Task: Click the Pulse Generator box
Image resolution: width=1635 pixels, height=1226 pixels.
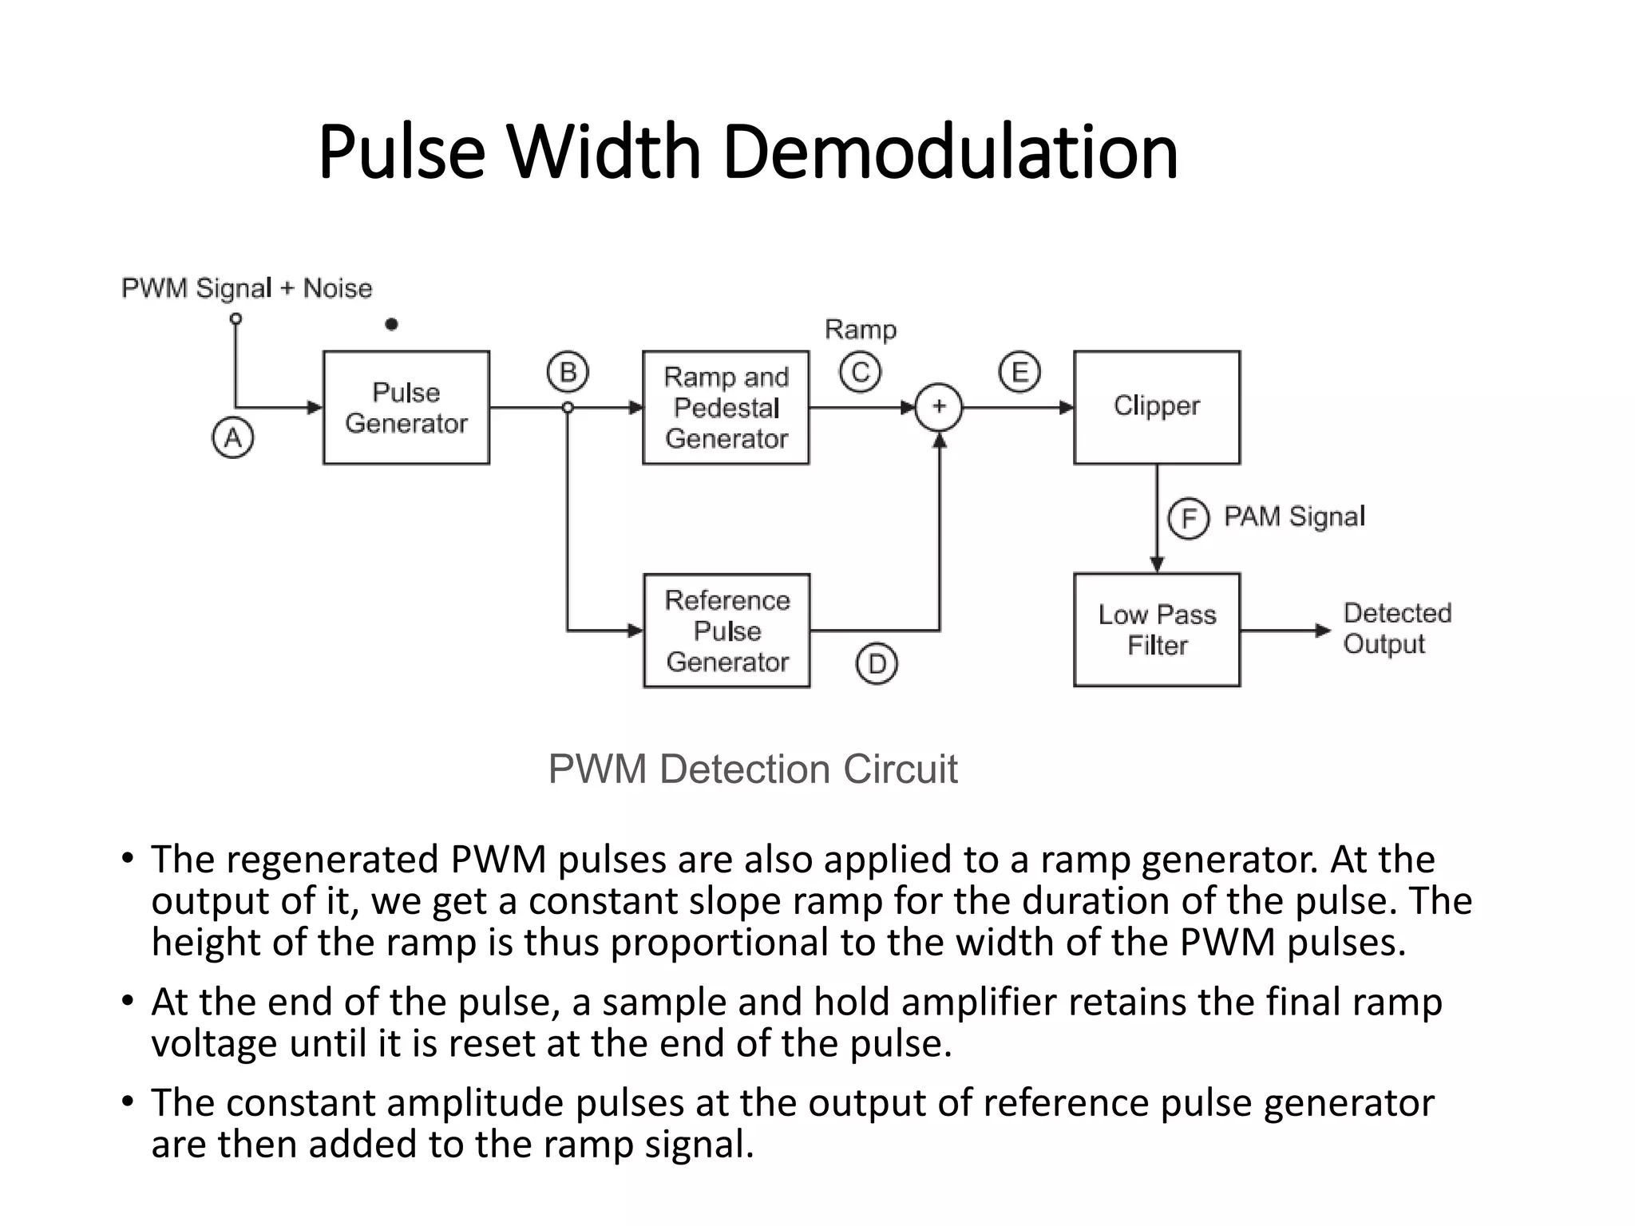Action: [x=406, y=407]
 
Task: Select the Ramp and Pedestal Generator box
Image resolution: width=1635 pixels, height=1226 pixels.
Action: [x=726, y=407]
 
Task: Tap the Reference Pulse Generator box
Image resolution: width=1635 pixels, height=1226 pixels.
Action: [x=726, y=631]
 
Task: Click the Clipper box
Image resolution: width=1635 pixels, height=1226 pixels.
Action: [x=1157, y=407]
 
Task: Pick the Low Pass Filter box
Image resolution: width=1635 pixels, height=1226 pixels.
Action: [x=1157, y=630]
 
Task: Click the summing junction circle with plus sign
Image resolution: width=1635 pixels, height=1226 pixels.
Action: [x=939, y=407]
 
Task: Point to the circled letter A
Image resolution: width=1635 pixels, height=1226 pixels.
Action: [x=232, y=438]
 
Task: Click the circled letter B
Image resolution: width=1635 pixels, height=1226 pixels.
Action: [x=568, y=373]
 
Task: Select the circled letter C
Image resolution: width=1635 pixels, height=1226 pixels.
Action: [x=860, y=373]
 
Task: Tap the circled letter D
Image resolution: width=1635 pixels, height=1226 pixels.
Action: [x=877, y=664]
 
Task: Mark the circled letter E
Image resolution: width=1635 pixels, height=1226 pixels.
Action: [x=1019, y=373]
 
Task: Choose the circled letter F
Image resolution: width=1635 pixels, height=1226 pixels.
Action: [x=1188, y=519]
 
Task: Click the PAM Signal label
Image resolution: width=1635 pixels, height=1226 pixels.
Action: [x=1294, y=516]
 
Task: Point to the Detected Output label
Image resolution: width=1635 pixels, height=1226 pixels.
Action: [x=1396, y=628]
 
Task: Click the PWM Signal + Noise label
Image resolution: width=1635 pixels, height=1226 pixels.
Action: [x=247, y=288]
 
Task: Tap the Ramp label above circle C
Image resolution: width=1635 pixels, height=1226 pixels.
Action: [x=860, y=330]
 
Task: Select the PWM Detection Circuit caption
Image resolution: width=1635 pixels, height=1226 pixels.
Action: [x=752, y=769]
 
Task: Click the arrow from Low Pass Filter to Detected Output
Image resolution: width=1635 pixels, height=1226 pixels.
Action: [x=1285, y=631]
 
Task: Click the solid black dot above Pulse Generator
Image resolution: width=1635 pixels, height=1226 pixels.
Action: [x=391, y=324]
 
